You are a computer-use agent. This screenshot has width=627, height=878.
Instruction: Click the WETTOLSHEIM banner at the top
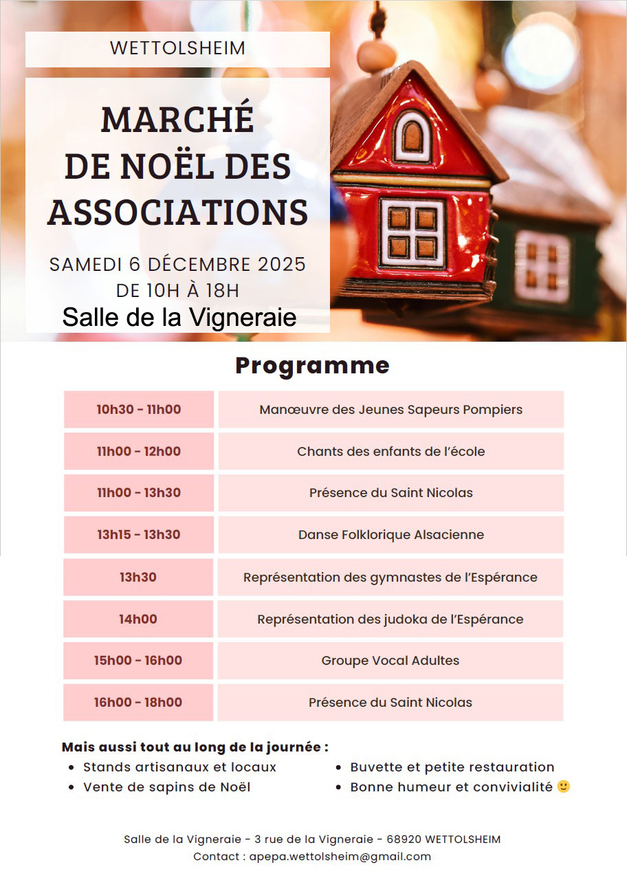coord(177,49)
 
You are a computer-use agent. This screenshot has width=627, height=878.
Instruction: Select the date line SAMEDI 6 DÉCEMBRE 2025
coord(177,265)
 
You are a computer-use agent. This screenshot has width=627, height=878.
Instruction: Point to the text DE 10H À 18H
coord(177,291)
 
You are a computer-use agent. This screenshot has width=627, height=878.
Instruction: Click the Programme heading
coord(313,366)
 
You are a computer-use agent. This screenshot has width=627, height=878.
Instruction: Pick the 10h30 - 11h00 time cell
coord(139,410)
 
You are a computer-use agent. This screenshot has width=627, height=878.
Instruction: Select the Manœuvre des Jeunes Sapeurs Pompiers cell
coord(390,410)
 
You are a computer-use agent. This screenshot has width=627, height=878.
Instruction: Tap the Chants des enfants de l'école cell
coord(390,452)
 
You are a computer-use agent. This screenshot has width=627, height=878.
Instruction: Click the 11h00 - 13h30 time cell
coord(139,493)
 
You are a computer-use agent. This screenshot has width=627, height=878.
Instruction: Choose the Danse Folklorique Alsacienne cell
coord(390,535)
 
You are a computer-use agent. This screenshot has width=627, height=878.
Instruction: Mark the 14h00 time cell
coord(138,619)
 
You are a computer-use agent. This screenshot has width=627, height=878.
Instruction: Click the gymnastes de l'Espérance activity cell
coord(390,578)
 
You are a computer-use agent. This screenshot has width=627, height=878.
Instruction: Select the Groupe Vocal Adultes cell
coord(390,661)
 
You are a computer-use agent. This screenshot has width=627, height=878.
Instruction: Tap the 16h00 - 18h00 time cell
coord(138,703)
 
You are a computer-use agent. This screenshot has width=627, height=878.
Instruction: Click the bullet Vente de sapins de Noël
coord(166,787)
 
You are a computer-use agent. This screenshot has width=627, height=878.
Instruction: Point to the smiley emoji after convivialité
coord(564,787)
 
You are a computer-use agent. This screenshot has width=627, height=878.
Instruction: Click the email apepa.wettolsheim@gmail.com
coord(340,857)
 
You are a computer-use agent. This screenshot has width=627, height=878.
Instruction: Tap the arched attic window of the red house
coord(414,135)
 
